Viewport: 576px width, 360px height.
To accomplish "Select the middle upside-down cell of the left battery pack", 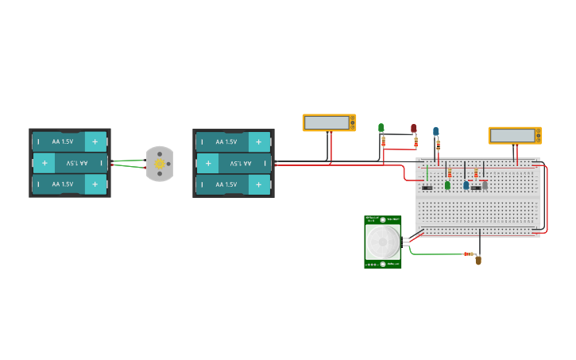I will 69,163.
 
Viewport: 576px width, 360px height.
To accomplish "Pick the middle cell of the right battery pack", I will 233,163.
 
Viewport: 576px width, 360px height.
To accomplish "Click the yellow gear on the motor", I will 159,164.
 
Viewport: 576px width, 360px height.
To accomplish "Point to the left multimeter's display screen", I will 327,122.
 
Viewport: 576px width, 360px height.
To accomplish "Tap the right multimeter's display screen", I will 512,135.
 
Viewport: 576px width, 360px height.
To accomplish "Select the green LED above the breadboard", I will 381,128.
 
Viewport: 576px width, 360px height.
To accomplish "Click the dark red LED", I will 413,128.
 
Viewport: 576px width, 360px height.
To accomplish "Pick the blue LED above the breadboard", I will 435,131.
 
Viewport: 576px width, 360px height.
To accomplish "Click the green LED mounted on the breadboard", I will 447,185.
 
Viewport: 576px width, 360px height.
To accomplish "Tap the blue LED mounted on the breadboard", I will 466,185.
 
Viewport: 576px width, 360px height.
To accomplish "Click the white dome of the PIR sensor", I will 383,241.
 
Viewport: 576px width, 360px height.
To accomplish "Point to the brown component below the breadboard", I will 478,260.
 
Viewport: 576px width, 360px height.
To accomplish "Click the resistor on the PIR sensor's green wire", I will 468,254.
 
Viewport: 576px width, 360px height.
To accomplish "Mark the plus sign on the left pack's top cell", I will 95,141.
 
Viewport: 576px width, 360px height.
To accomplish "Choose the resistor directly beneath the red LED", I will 415,142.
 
